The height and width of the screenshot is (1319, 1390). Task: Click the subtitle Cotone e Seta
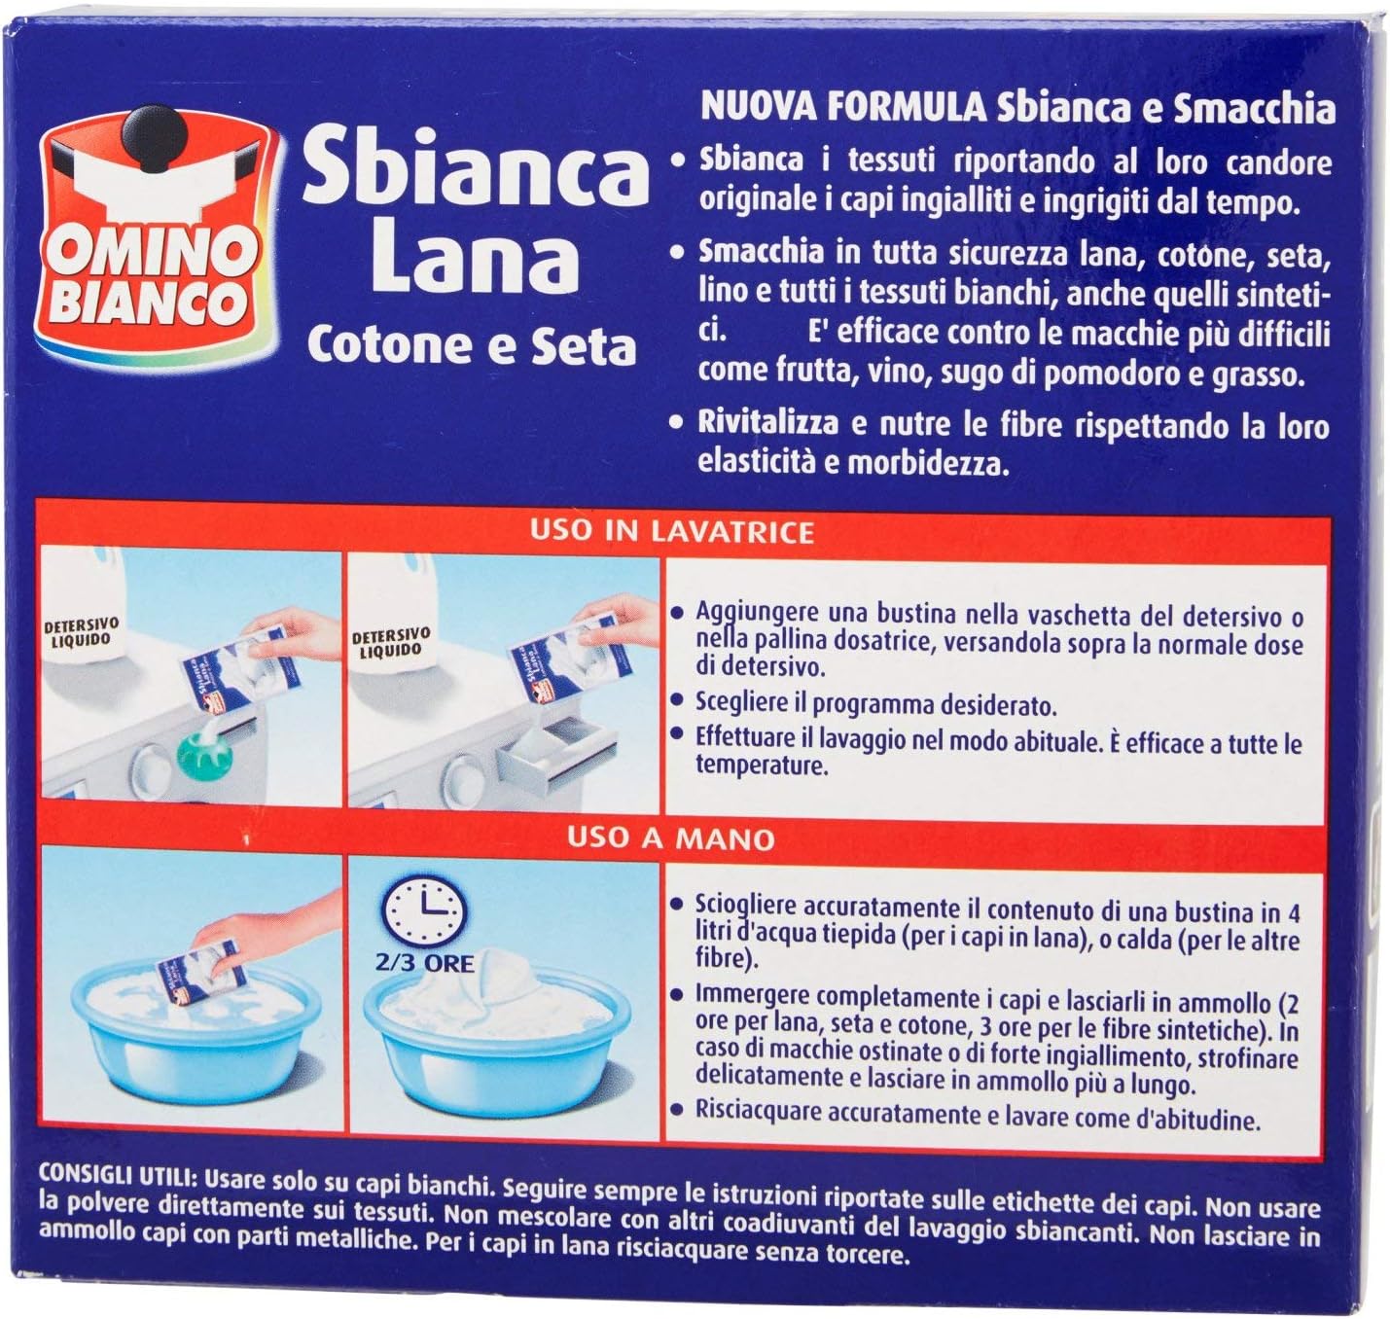point(472,345)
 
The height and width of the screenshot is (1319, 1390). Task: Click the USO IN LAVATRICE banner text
point(671,531)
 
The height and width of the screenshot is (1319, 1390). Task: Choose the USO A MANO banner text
point(671,838)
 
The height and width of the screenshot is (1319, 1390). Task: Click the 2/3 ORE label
point(424,963)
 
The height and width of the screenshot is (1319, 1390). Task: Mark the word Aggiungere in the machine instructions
point(756,613)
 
